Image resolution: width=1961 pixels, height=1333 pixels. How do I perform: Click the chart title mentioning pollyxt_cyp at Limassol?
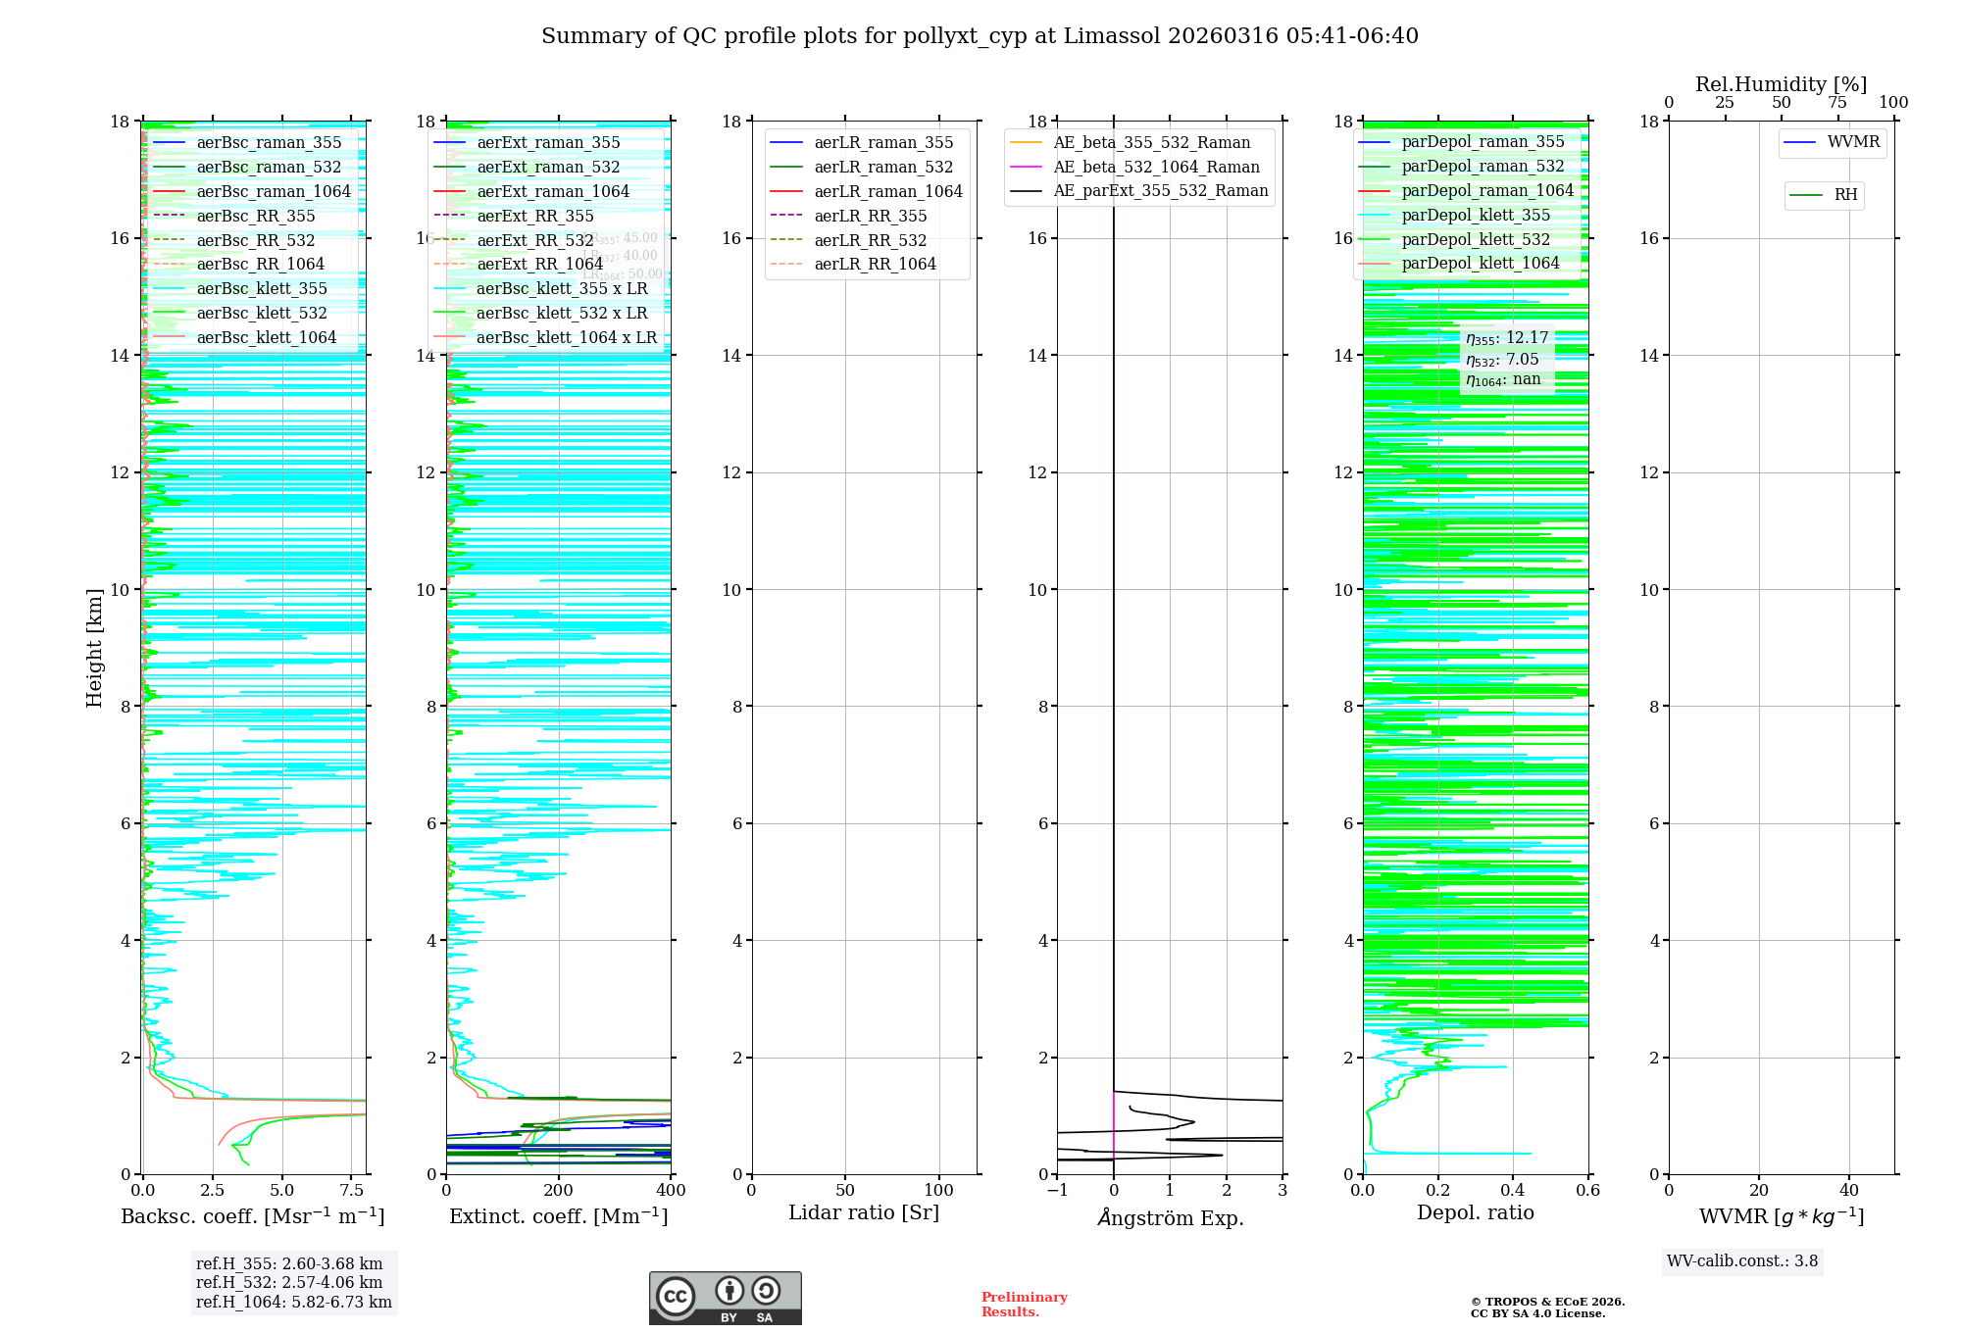coord(980,36)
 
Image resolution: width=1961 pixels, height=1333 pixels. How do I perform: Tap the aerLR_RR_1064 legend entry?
coord(875,264)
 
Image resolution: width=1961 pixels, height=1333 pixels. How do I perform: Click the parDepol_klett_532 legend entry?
coord(1476,239)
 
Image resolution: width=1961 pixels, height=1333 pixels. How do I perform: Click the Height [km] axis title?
coord(94,647)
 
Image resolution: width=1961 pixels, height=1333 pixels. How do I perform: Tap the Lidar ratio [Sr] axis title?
coord(864,1212)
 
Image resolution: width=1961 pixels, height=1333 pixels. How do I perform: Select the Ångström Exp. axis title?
coord(1170,1217)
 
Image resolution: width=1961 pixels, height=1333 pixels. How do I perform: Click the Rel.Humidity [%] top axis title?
coord(1781,84)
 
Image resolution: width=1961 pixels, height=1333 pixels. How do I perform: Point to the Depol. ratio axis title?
coord(1475,1212)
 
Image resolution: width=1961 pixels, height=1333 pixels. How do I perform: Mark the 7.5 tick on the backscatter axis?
coord(351,1191)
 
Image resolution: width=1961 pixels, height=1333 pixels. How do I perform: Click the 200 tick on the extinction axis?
coord(559,1191)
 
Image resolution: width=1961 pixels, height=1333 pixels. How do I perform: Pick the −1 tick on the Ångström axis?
coord(1057,1191)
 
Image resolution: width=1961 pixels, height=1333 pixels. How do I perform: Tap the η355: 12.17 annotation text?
coord(1507,338)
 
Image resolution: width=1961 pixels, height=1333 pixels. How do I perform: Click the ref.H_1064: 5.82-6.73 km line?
coord(293,1302)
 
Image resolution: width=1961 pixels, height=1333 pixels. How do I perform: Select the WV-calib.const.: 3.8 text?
coord(1742,1261)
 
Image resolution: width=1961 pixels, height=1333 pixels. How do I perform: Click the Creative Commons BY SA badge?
coord(725,1298)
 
